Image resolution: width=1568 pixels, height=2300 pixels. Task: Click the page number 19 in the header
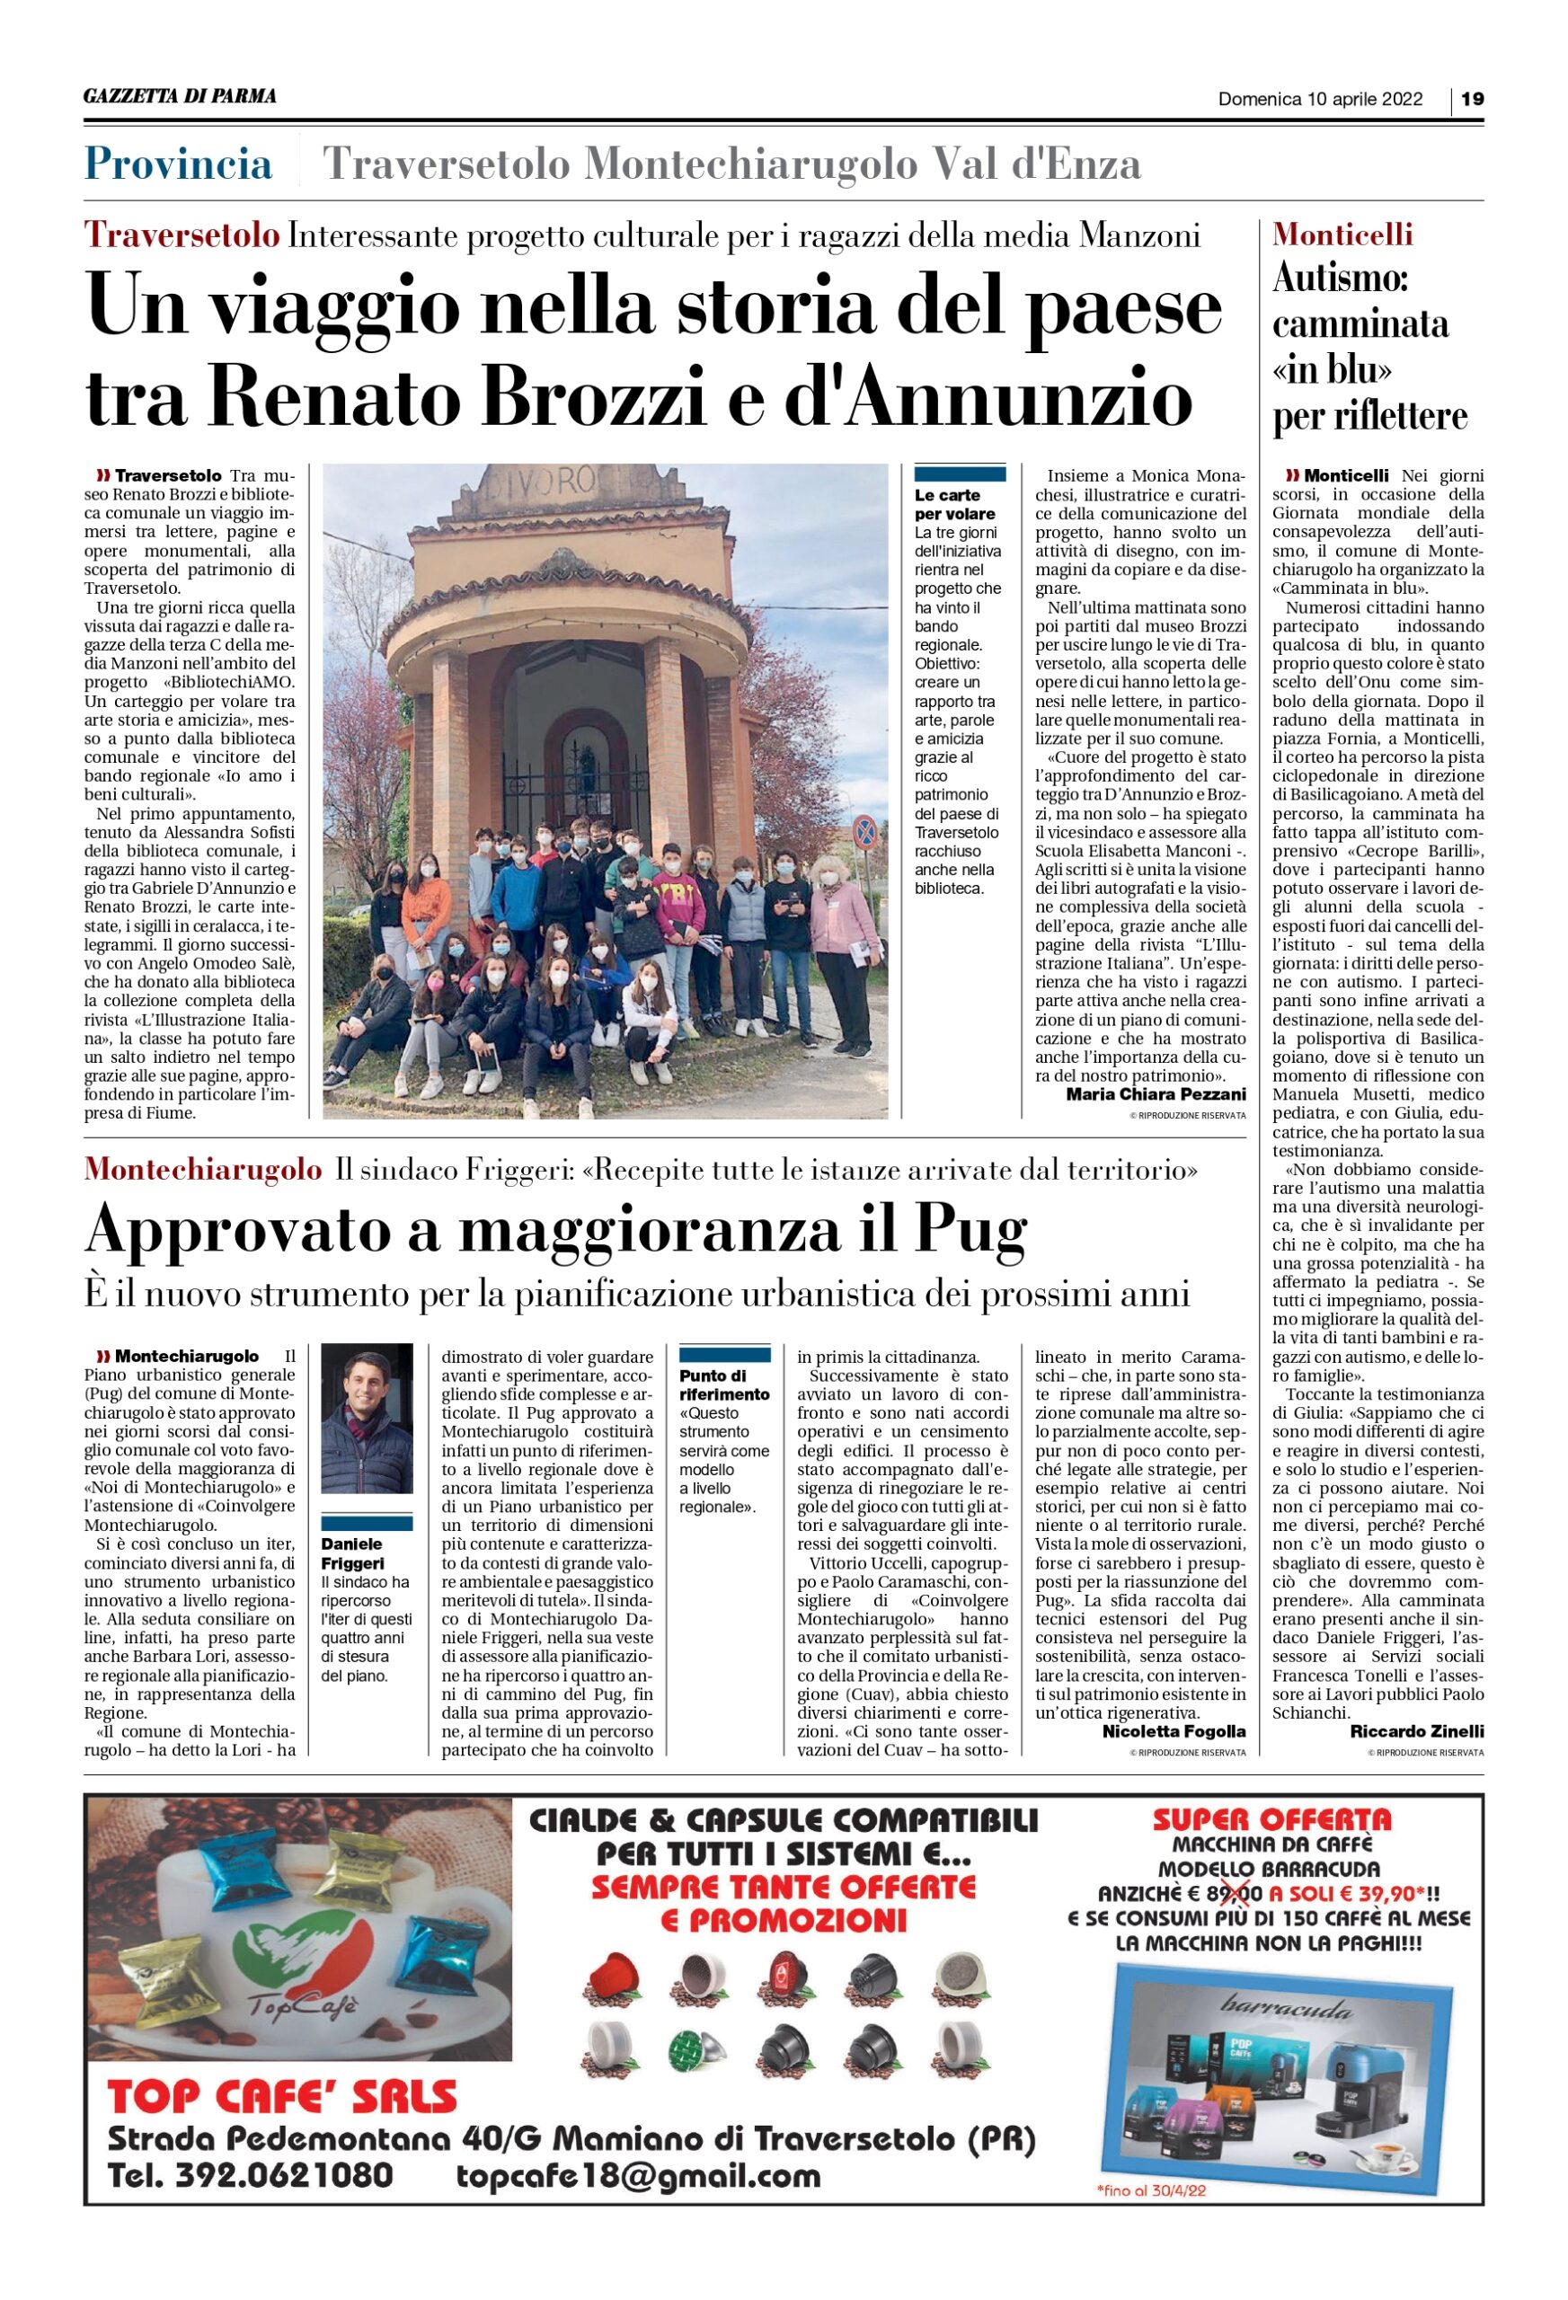pyautogui.click(x=1472, y=99)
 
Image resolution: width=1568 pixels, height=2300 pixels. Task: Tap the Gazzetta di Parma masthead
pyautogui.click(x=180, y=97)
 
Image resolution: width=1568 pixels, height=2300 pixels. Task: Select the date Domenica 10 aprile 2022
pyautogui.click(x=1321, y=99)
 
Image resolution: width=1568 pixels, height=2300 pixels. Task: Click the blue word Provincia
pyautogui.click(x=178, y=164)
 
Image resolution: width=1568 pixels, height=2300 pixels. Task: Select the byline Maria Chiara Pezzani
pyautogui.click(x=1156, y=1093)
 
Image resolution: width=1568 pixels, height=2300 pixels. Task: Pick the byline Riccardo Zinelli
pyautogui.click(x=1416, y=1731)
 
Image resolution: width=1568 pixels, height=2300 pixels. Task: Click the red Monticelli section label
pyautogui.click(x=1342, y=234)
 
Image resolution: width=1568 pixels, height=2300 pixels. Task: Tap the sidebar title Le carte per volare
pyautogui.click(x=954, y=504)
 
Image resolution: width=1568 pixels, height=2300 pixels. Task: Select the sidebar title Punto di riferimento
pyautogui.click(x=723, y=1384)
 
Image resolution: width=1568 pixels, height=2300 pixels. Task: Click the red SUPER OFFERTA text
pyautogui.click(x=1272, y=1819)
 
